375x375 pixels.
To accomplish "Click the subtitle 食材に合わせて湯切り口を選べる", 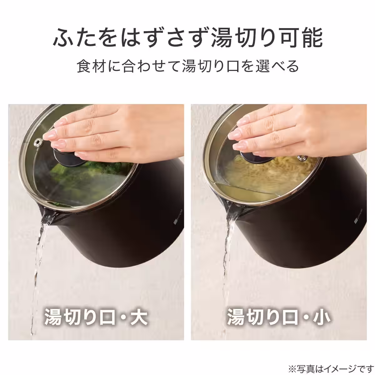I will coord(187,66).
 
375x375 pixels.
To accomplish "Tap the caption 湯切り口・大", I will coord(96,317).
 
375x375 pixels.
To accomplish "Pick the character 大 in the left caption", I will coord(137,317).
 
